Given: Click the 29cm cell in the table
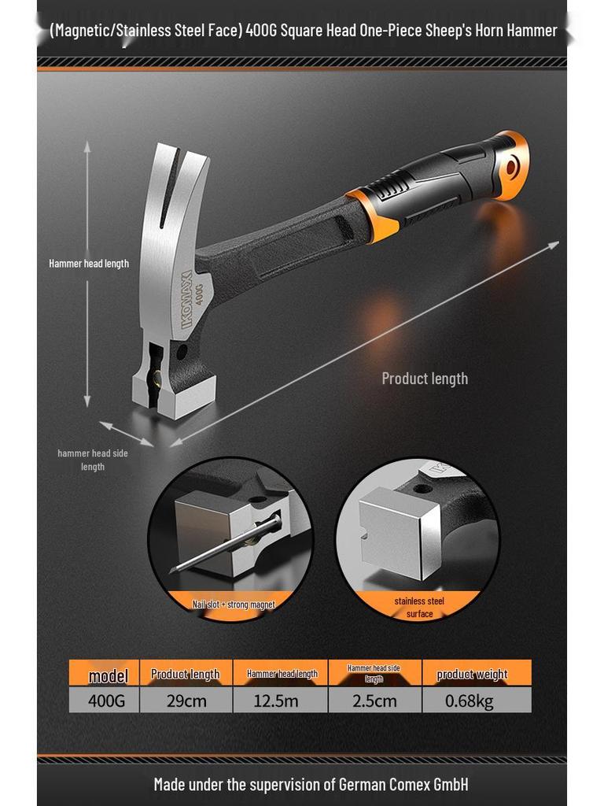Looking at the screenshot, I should coord(186,700).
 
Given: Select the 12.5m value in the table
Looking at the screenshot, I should coord(280,700).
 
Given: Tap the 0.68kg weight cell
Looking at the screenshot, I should coord(470,700).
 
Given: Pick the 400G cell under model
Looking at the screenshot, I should coord(106,700).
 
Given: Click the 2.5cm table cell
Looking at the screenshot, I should coord(374,700).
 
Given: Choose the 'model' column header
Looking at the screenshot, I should coord(108,675).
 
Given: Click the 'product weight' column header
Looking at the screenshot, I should coord(472,674).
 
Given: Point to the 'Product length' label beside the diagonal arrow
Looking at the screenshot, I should coord(425,379).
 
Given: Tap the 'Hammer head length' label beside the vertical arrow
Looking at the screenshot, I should coord(89,264).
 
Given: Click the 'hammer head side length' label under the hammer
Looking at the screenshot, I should coord(93,460).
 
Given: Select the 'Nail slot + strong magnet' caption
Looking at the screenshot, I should coord(234,604).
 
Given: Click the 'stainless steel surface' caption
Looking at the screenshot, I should coord(419,607).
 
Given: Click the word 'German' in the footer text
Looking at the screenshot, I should coord(366,784).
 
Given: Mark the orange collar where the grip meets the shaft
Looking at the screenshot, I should coord(374,213).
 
